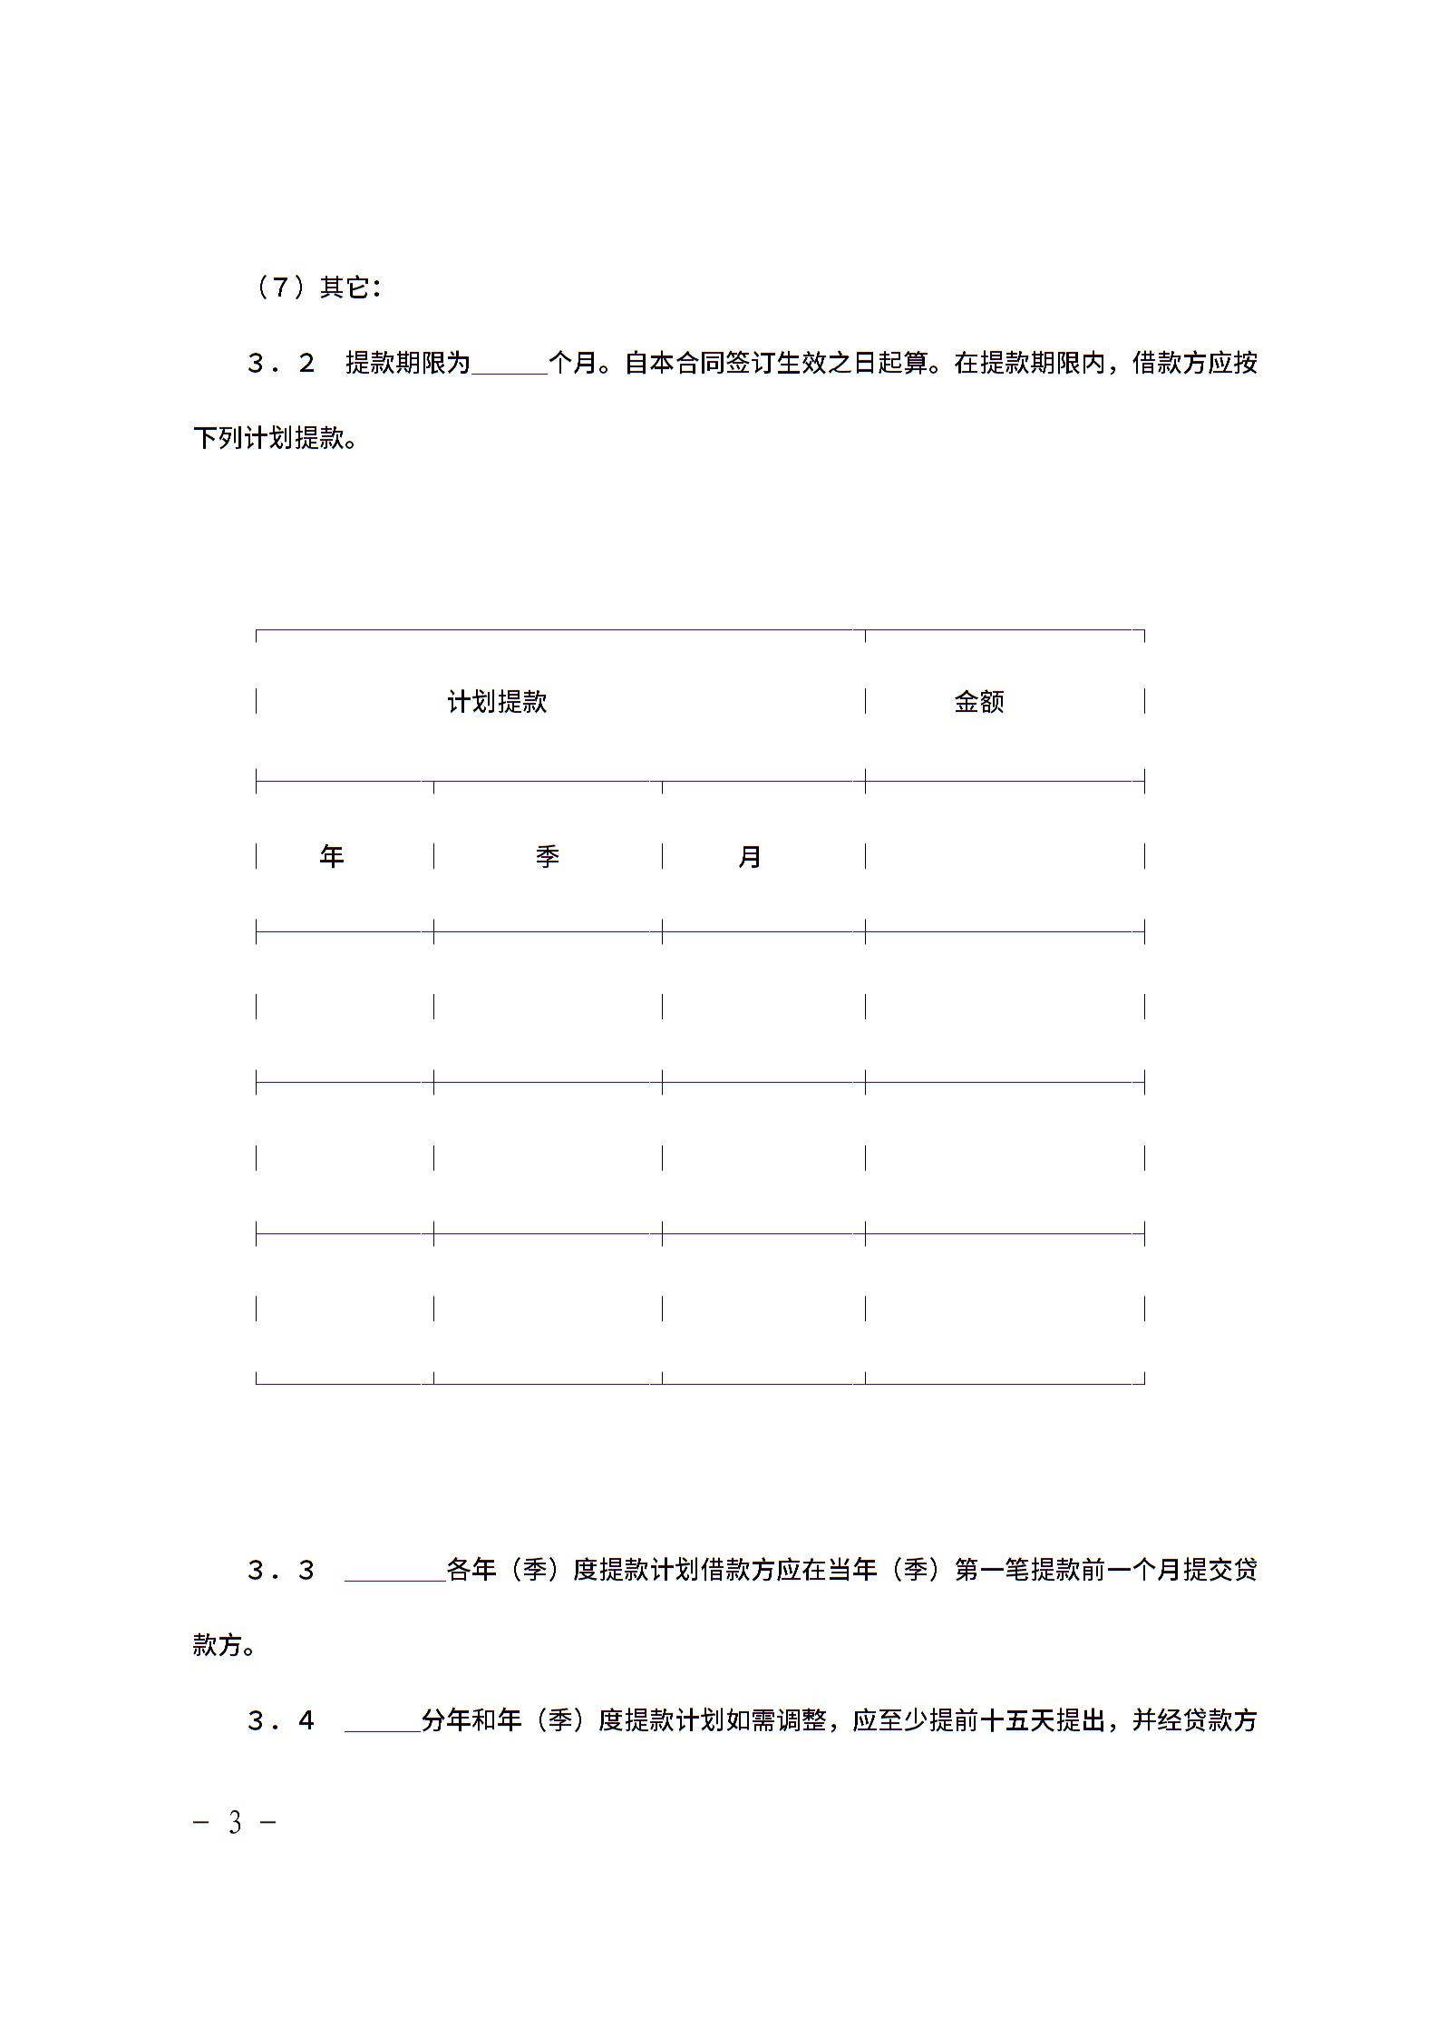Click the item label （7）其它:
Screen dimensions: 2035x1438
tap(315, 287)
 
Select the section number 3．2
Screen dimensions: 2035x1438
tap(281, 364)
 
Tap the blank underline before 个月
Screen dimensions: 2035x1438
tap(509, 365)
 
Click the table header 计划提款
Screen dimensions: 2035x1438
tap(497, 702)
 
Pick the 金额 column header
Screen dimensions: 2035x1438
tap(979, 702)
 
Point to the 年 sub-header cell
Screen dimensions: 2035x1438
tap(332, 856)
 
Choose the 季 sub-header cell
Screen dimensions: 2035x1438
tap(547, 856)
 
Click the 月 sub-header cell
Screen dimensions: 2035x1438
tap(750, 856)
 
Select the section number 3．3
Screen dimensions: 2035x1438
tap(281, 1570)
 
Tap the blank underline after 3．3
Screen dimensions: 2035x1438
tap(394, 1573)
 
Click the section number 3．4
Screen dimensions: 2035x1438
tap(281, 1720)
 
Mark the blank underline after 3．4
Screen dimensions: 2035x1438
tap(382, 1724)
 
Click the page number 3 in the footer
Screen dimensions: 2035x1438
tap(236, 1821)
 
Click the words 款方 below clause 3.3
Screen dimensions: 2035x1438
tap(218, 1645)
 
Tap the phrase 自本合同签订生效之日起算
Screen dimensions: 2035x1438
tap(776, 364)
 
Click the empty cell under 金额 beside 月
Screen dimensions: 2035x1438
tap(1005, 856)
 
